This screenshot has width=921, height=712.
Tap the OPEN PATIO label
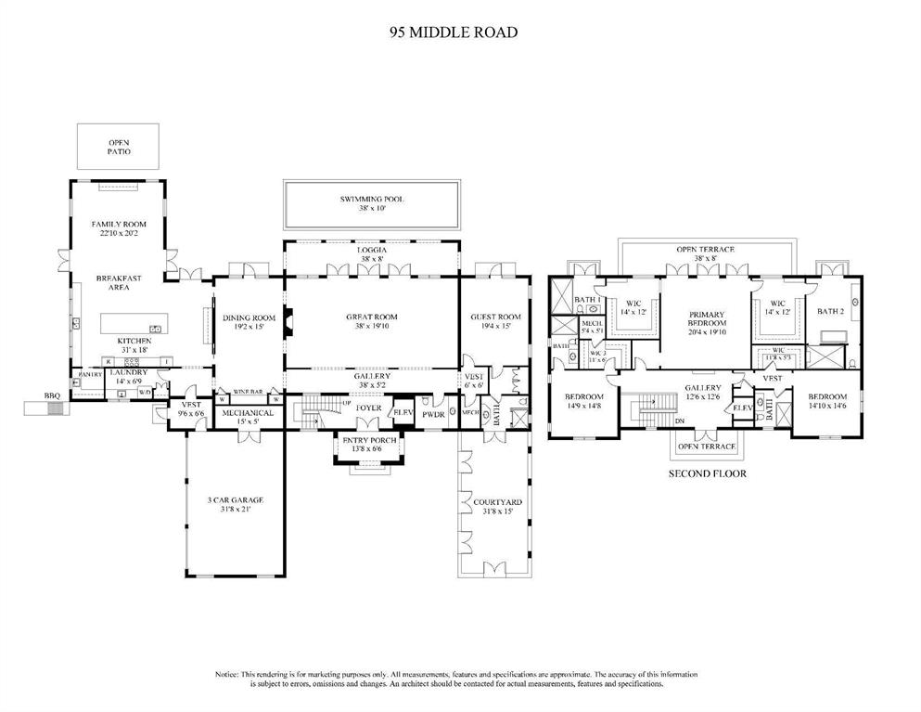click(119, 145)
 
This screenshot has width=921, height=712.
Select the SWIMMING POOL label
click(371, 200)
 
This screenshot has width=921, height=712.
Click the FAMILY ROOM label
click(119, 225)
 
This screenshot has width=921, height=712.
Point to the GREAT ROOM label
click(371, 317)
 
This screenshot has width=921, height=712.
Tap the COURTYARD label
click(497, 502)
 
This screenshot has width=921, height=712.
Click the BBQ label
click(52, 395)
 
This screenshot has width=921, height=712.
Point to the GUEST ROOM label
click(496, 317)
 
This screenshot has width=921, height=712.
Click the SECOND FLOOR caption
click(708, 473)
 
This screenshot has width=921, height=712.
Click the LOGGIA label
click(371, 251)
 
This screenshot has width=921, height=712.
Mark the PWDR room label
click(435, 414)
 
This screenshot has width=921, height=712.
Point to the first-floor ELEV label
click(403, 413)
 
